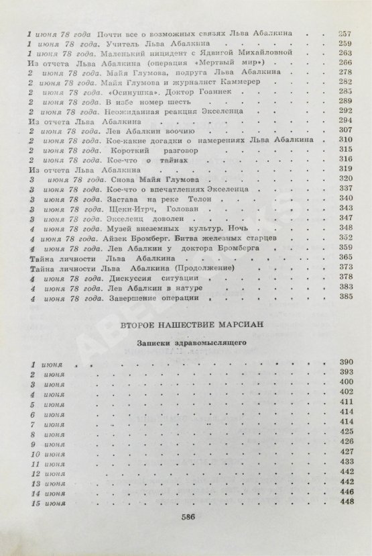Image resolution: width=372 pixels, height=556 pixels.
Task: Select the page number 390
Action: coord(346,363)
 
